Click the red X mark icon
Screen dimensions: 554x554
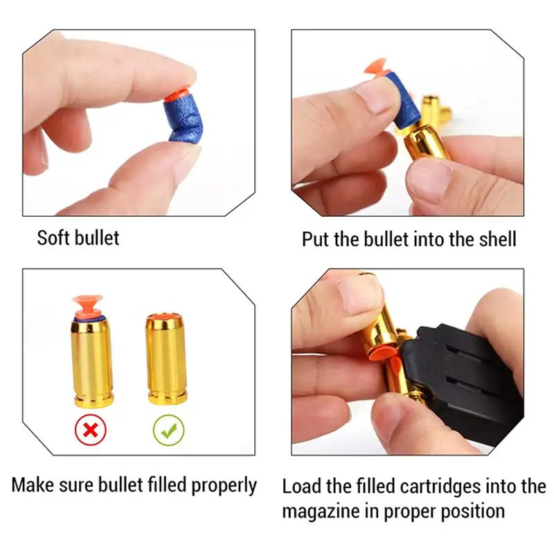[91, 429]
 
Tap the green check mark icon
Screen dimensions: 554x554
[168, 429]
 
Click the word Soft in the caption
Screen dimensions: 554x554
[53, 238]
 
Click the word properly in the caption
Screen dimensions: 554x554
[224, 485]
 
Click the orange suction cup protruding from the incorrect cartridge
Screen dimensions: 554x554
[87, 306]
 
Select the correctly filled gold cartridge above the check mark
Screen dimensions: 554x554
[166, 359]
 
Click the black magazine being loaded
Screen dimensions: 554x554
[463, 382]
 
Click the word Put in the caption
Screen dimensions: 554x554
[315, 239]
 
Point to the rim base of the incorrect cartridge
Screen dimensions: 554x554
[94, 401]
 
